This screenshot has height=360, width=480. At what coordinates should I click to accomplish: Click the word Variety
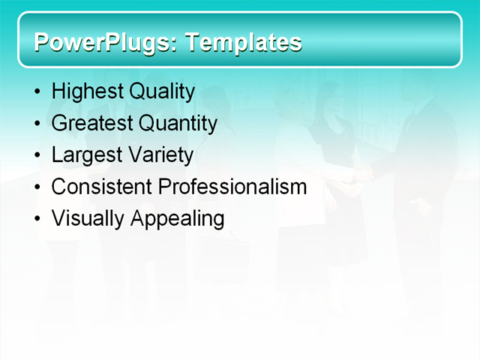coord(159,155)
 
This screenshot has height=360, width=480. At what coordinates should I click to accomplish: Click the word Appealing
coord(177,219)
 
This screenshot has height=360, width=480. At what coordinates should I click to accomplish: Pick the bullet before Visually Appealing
coord(38,220)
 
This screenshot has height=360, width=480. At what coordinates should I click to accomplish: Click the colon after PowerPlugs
coord(175,44)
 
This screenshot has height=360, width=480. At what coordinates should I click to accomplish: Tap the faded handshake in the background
coord(363,175)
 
